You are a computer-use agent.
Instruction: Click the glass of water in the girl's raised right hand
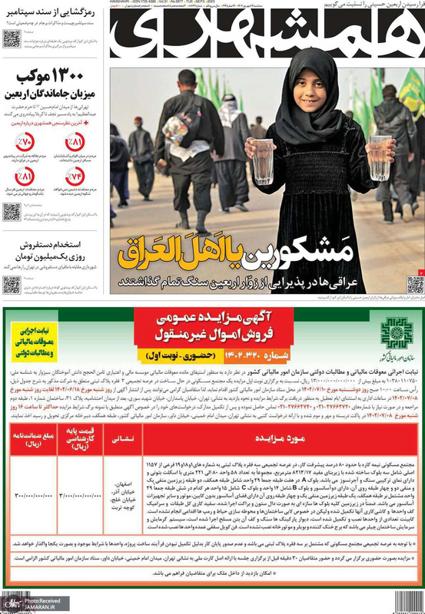(x=264, y=160)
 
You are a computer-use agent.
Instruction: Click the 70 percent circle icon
(x=25, y=144)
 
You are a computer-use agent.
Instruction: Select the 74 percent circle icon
(x=75, y=178)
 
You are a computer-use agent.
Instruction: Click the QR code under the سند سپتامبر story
(x=11, y=39)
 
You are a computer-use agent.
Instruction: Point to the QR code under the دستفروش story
(x=11, y=285)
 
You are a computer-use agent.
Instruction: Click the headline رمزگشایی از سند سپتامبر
(x=48, y=12)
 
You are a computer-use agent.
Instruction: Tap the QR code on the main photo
(x=415, y=285)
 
